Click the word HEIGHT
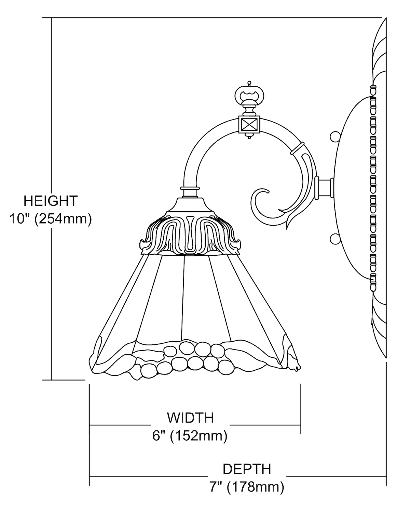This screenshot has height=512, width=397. pyautogui.click(x=51, y=201)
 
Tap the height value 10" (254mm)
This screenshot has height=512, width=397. pyautogui.click(x=51, y=219)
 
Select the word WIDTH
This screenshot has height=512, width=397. pyautogui.click(x=190, y=417)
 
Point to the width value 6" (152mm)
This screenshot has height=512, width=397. pyautogui.click(x=190, y=436)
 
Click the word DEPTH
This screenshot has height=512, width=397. pyautogui.click(x=247, y=469)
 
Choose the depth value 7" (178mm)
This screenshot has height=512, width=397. pyautogui.click(x=247, y=487)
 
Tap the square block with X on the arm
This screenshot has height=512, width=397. pyautogui.click(x=249, y=125)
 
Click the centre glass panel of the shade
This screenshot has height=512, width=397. pyautogui.click(x=196, y=297)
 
